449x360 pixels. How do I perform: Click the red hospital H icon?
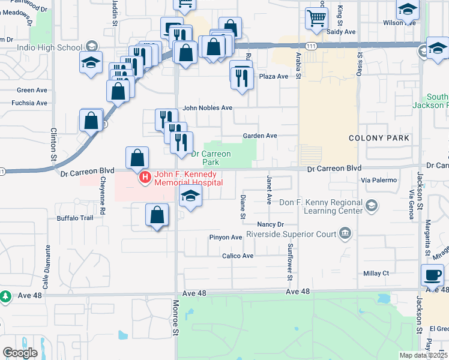click(x=145, y=178)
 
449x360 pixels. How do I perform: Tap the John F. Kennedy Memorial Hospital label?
click(x=188, y=178)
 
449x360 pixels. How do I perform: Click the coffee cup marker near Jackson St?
click(x=432, y=275)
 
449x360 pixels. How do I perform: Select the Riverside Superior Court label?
click(x=291, y=233)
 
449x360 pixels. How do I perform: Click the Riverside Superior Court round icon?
click(x=346, y=233)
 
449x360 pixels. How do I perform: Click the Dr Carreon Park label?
click(x=211, y=158)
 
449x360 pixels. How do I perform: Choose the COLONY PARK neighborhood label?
click(x=379, y=138)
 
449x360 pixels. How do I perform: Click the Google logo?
click(x=20, y=353)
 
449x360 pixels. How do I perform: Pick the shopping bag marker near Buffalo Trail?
click(x=157, y=215)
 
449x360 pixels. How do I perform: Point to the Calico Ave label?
click(x=238, y=256)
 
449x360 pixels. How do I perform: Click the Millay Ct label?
click(x=376, y=273)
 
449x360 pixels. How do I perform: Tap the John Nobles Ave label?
click(x=207, y=108)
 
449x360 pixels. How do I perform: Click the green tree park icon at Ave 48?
click(x=5, y=296)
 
